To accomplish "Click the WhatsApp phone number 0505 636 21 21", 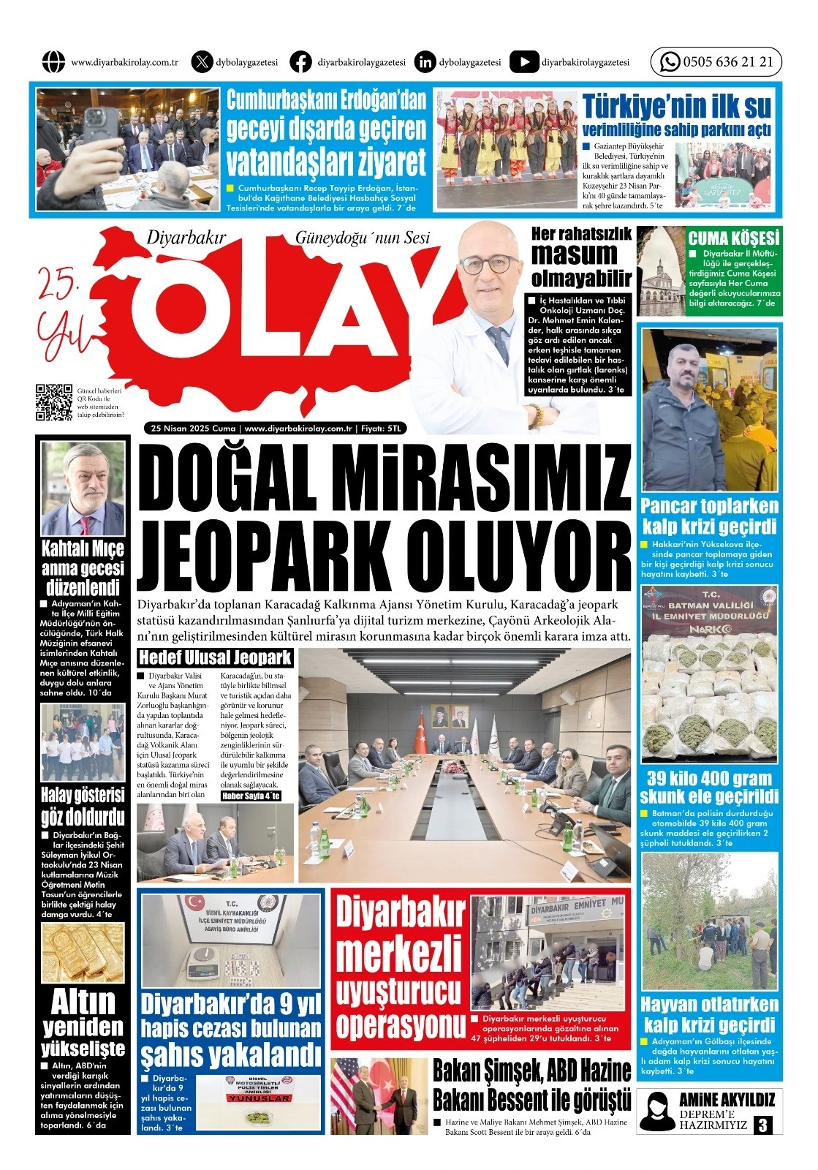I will tap(727, 62).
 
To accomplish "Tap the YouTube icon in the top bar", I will tap(523, 62).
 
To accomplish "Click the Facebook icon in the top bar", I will tap(300, 62).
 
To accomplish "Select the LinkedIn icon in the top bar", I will tap(424, 62).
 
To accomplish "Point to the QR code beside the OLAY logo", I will tap(54, 403).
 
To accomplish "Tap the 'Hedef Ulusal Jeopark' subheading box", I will tap(215, 657).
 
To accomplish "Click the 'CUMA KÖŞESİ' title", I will tap(733, 238).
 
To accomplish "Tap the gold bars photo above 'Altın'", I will tap(82, 952).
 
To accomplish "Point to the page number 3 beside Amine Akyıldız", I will tap(763, 1125).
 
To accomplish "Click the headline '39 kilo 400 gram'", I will tap(708, 778).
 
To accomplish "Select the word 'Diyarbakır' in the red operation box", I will tap(400, 913).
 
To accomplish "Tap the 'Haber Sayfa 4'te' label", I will tap(251, 796).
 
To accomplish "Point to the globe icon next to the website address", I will tap(53, 62).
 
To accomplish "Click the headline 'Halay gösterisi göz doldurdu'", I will tap(82, 806).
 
